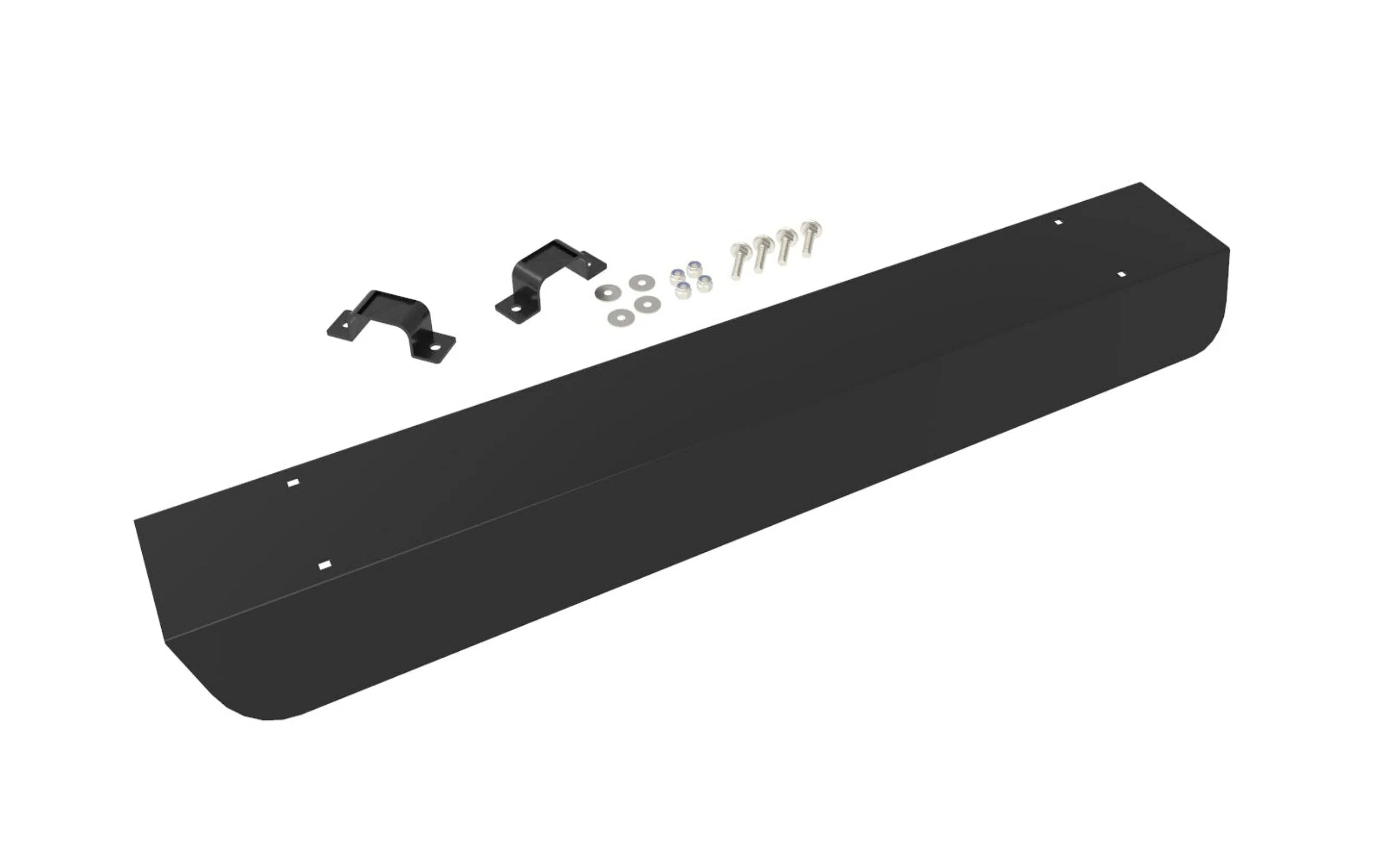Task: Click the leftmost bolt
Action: [x=738, y=261]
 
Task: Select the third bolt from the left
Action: [x=784, y=245]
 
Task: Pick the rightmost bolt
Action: [x=808, y=236]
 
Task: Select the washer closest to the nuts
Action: [x=648, y=303]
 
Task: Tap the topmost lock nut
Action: [x=694, y=267]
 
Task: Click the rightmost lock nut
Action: [x=704, y=283]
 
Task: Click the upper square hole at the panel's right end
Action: [x=1059, y=222]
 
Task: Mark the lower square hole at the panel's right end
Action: [x=1121, y=274]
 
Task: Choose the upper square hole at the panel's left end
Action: [x=293, y=483]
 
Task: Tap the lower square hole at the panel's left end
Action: [x=325, y=565]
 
